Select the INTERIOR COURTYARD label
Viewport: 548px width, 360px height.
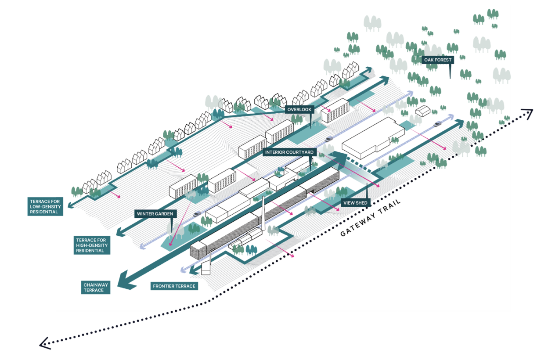coord(289,152)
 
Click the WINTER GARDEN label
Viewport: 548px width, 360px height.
coord(156,214)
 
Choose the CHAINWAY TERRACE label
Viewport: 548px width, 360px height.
coord(95,288)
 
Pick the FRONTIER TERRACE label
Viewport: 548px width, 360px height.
coord(174,286)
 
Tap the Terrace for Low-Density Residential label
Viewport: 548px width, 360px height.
coord(45,206)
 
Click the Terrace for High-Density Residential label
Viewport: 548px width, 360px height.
coord(92,245)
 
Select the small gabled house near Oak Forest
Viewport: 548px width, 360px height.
coord(423,111)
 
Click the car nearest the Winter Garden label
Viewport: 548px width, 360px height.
coord(196,214)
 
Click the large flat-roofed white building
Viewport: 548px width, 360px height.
coord(372,137)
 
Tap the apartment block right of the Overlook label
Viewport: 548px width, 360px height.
coord(335,109)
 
